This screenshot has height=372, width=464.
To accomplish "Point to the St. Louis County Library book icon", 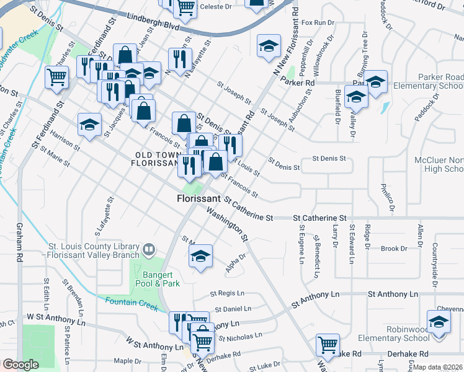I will pyautogui.click(x=149, y=250).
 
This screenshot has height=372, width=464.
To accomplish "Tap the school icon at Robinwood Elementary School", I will pyautogui.click(x=439, y=323).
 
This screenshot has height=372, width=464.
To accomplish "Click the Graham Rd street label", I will pyautogui.click(x=20, y=248).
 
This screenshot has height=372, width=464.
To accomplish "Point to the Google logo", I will pyautogui.click(x=20, y=365).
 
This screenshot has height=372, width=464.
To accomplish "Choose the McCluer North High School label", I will pyautogui.click(x=438, y=164).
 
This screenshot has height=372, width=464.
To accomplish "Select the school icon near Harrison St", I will pyautogui.click(x=89, y=124).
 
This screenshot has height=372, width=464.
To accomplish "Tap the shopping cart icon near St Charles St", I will pyautogui.click(x=56, y=77).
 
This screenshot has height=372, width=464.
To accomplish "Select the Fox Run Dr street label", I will pyautogui.click(x=317, y=23).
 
